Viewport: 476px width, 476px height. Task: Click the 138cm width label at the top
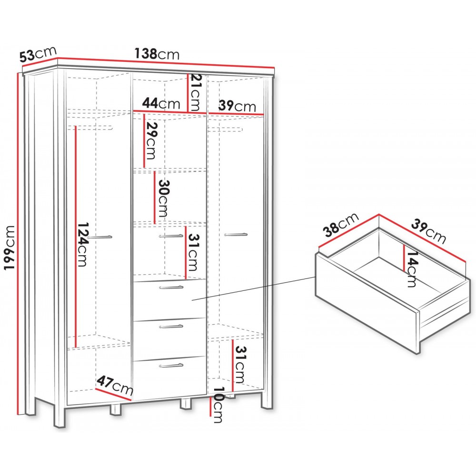click(157, 54)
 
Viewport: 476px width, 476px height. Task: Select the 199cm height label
click(9, 248)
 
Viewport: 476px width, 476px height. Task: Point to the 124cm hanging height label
click(82, 245)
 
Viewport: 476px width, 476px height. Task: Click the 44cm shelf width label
click(161, 103)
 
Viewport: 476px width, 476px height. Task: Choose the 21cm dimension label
click(195, 93)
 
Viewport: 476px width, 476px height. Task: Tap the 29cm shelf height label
click(150, 140)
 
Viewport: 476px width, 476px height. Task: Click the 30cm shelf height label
click(163, 198)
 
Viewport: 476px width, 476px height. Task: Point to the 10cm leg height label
click(218, 405)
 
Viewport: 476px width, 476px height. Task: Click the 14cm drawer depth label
click(412, 269)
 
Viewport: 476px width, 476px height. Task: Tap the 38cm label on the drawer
click(341, 225)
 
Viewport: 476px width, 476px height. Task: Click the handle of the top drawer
click(171, 287)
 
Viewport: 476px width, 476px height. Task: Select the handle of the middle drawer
click(171, 327)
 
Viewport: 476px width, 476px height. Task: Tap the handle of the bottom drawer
click(171, 365)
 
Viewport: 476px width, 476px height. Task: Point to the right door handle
click(236, 234)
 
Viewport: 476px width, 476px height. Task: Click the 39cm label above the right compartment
click(237, 106)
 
